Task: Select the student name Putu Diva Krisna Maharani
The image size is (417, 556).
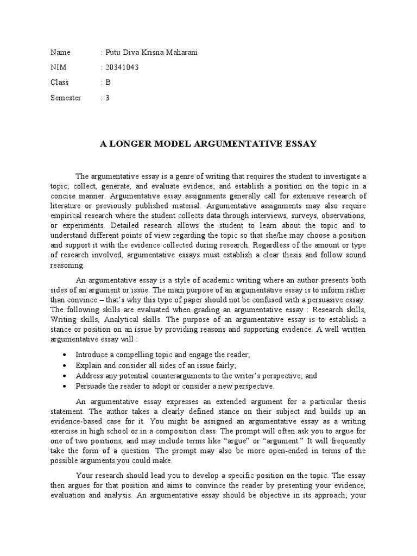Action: (150, 52)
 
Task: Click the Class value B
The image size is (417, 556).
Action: (108, 83)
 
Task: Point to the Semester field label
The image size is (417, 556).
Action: (66, 98)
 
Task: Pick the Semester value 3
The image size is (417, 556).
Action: (108, 98)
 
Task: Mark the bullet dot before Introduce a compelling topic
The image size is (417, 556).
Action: (65, 355)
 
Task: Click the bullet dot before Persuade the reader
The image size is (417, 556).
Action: (65, 386)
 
